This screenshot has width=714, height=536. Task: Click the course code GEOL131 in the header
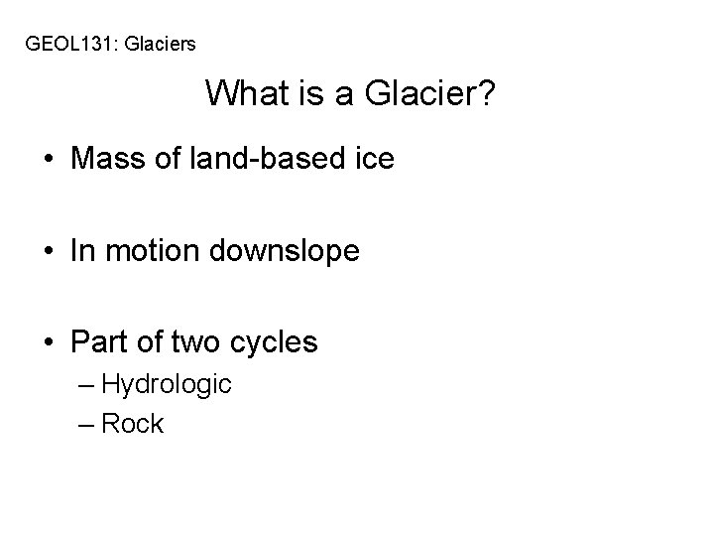click(x=67, y=44)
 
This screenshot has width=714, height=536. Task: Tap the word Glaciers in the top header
click(x=159, y=44)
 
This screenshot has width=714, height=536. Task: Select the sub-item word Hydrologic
click(x=167, y=384)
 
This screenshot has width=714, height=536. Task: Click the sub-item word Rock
click(x=133, y=424)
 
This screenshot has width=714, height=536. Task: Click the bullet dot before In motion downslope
click(x=50, y=252)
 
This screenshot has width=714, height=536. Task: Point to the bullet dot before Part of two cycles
click(x=50, y=343)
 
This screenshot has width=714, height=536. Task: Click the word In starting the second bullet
click(x=81, y=251)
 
